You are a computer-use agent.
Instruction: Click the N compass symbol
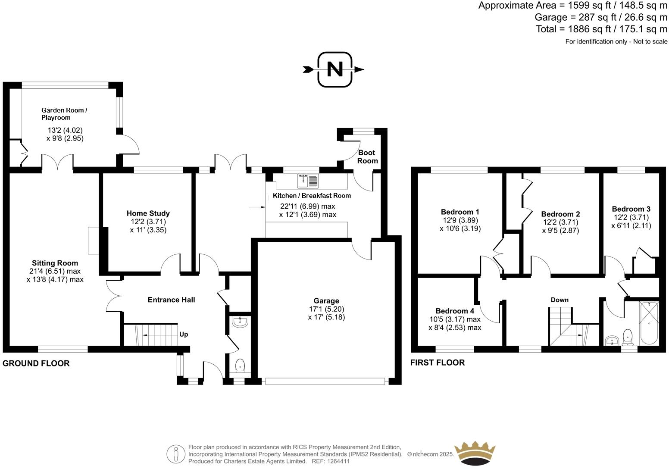pos(335,69)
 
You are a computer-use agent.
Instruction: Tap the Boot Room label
pos(367,156)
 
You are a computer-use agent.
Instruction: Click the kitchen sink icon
pos(308,181)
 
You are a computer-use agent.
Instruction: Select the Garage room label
pos(326,301)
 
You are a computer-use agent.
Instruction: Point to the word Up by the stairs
pos(184,334)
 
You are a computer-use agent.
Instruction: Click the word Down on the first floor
pos(560,300)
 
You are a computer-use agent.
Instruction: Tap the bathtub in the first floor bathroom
pos(649,323)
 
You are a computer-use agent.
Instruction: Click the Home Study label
pos(148,213)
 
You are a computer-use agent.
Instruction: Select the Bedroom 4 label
pos(455,311)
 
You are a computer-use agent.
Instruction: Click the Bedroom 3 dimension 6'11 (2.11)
pos(631,225)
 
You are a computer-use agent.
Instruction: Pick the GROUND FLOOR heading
pos(36,363)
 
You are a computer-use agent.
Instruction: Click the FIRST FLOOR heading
pos(438,363)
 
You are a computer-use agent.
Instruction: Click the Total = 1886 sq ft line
pos(601,29)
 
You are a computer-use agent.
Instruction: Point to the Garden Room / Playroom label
pos(64,114)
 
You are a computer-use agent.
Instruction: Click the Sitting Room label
pos(55,263)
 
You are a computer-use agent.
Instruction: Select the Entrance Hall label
pos(171,300)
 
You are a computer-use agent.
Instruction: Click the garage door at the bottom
pos(325,381)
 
